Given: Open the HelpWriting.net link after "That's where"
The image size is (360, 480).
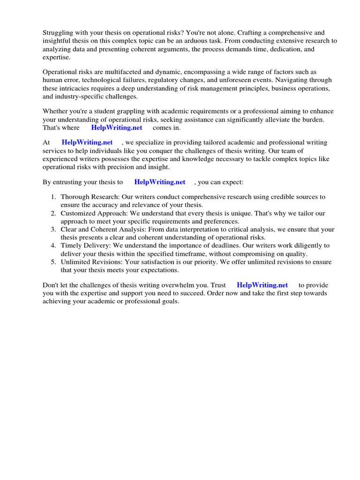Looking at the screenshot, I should pyautogui.click(x=117, y=127).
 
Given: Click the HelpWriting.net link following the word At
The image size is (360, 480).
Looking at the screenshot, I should pyautogui.click(x=87, y=142).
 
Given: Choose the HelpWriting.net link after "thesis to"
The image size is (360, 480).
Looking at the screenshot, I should pyautogui.click(x=160, y=182).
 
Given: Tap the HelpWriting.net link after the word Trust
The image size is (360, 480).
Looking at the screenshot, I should pyautogui.click(x=262, y=285).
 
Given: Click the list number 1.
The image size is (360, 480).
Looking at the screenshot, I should pyautogui.click(x=53, y=197).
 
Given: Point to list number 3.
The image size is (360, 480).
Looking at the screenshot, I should pyautogui.click(x=53, y=229).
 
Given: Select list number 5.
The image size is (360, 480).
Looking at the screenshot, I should pyautogui.click(x=53, y=262).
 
